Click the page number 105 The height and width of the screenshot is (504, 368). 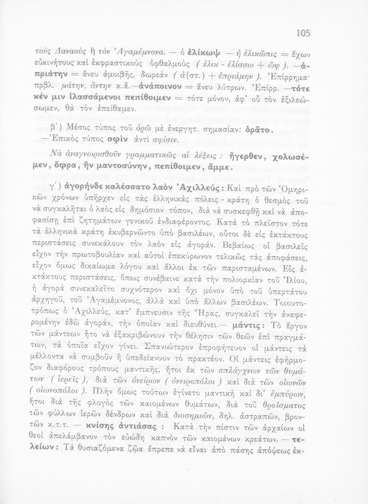click(303, 33)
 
